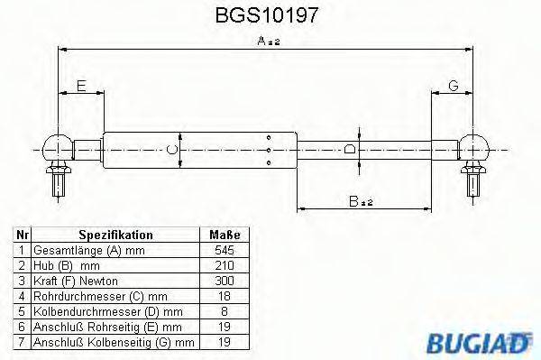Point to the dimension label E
80,86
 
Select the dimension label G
454,86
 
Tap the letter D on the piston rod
352,148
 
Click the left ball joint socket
57,145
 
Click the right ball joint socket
476,145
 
